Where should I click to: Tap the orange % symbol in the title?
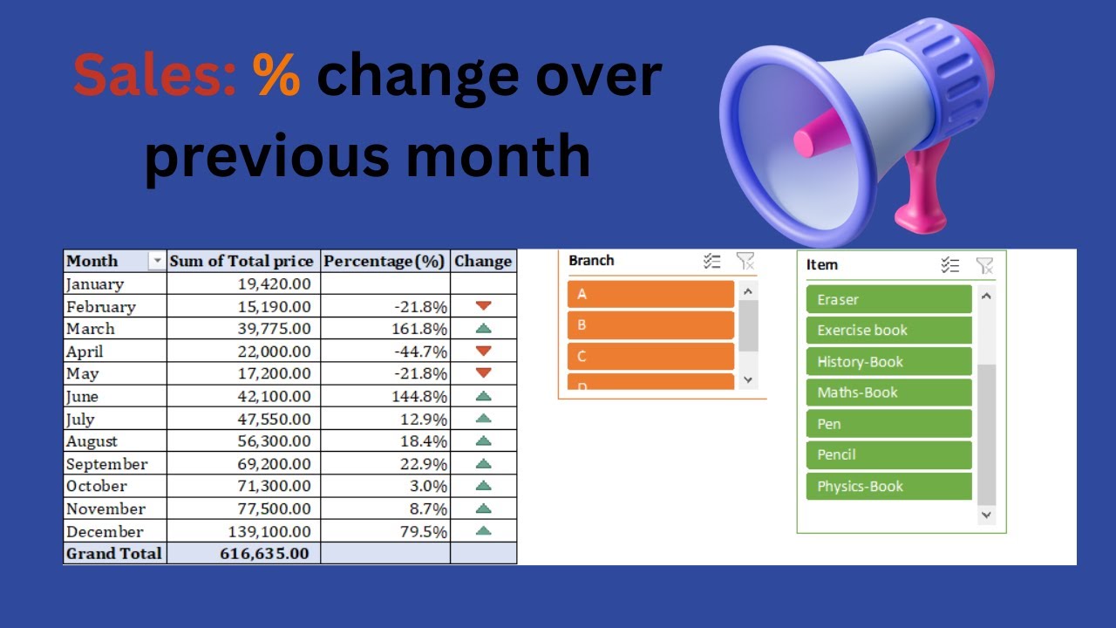click(x=277, y=75)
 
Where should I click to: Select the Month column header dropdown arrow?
click(x=157, y=261)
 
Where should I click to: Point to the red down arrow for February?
click(x=484, y=306)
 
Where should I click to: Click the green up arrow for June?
click(x=484, y=396)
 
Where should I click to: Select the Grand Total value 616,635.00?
click(x=262, y=553)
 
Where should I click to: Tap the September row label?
click(x=107, y=464)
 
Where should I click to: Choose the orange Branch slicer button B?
click(x=650, y=325)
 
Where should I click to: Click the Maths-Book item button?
click(x=888, y=392)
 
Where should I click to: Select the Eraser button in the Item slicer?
click(x=888, y=299)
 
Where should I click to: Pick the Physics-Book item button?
click(x=888, y=486)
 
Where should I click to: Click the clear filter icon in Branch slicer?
click(x=745, y=261)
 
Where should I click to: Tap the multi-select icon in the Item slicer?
click(x=950, y=265)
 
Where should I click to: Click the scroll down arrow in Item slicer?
click(x=986, y=515)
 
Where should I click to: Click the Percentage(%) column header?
click(x=384, y=261)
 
